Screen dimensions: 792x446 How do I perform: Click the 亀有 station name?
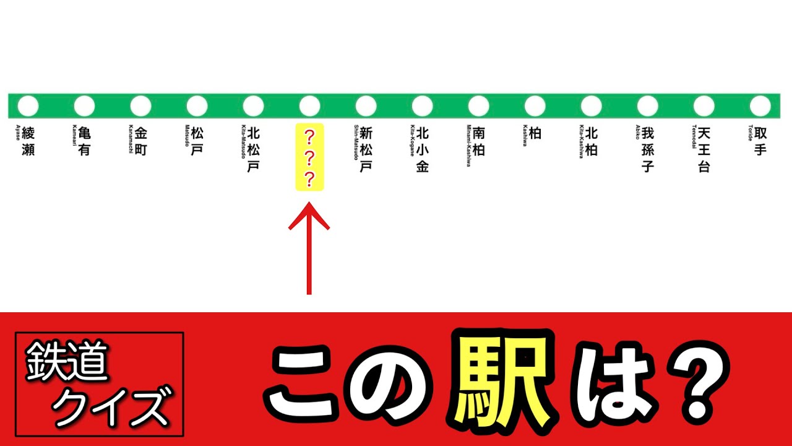pyautogui.click(x=85, y=141)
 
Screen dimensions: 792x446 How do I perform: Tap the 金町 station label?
pyautogui.click(x=141, y=141)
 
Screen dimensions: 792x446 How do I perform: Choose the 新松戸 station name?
pyautogui.click(x=366, y=149)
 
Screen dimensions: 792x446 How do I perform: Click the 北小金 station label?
pyautogui.click(x=423, y=149)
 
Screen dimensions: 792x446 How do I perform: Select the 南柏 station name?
pyautogui.click(x=479, y=141)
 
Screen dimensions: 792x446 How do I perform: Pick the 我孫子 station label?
pyautogui.click(x=648, y=149)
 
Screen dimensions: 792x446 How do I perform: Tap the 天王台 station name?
pyautogui.click(x=704, y=149)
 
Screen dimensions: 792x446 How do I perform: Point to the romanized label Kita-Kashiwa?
pyautogui.click(x=581, y=142)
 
